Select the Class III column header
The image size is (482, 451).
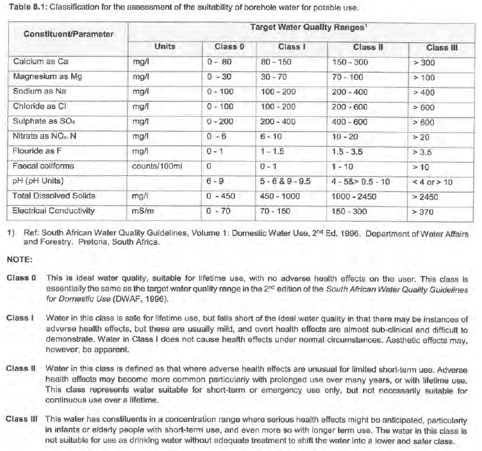pos(442,48)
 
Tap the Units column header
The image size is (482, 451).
pos(165,46)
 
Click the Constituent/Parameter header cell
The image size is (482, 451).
pos(68,34)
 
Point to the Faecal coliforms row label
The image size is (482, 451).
pos(43,167)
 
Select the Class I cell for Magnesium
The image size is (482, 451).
pos(274,77)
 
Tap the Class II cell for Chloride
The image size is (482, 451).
pos(349,107)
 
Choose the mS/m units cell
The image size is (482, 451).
pos(142,212)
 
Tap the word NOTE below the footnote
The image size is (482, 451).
pos(20,260)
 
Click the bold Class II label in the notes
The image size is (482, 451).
pos(21,369)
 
